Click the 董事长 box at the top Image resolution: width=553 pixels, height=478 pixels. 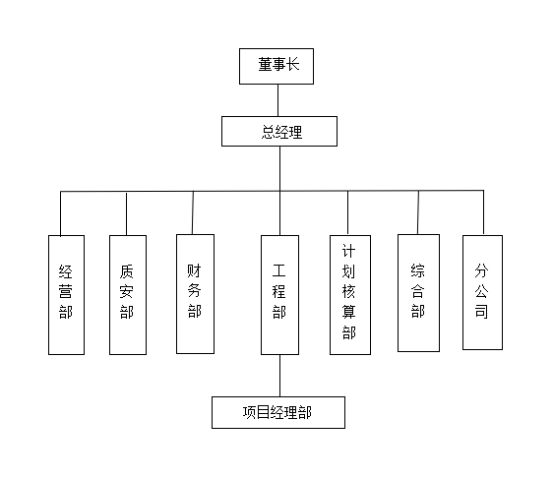click(x=276, y=66)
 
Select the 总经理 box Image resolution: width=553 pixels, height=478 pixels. click(x=279, y=131)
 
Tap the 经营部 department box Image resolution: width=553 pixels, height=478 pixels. click(x=66, y=295)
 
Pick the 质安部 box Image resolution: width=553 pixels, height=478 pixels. click(x=128, y=295)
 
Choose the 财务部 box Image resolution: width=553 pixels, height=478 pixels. click(x=195, y=294)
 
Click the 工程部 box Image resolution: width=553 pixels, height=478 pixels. click(x=279, y=295)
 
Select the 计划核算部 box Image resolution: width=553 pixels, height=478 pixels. click(x=350, y=295)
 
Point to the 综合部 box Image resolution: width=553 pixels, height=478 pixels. click(x=418, y=293)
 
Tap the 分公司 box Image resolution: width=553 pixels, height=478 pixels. click(x=482, y=292)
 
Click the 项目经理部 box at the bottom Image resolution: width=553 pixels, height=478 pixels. click(x=278, y=412)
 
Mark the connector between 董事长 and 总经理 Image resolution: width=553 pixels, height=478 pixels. click(x=277, y=100)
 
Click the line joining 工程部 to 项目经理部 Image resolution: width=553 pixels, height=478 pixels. click(x=280, y=376)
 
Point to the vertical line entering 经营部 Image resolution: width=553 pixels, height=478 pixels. click(x=61, y=213)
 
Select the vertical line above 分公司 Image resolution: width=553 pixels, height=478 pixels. click(x=483, y=212)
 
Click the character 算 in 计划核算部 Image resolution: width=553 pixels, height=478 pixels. click(x=349, y=312)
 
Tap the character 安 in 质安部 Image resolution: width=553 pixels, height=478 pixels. click(x=127, y=292)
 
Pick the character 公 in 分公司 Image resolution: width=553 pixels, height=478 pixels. click(x=481, y=291)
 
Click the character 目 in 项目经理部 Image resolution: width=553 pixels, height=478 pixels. click(x=263, y=412)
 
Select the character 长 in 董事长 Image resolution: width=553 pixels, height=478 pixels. click(x=292, y=65)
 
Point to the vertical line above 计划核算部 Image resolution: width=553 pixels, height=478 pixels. click(x=347, y=212)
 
